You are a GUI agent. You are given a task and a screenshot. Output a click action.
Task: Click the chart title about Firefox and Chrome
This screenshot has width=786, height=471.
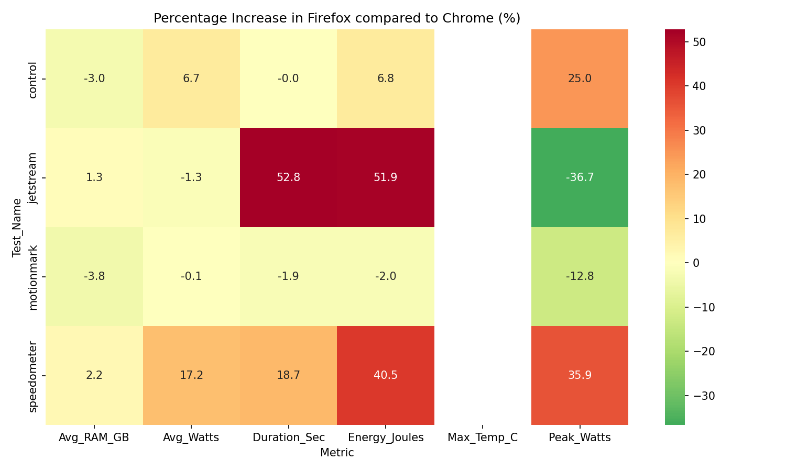click(x=336, y=18)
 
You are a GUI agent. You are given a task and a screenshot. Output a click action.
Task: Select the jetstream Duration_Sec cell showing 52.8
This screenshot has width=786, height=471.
click(x=288, y=177)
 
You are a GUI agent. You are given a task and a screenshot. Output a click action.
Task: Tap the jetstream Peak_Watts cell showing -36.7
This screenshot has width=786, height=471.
click(x=580, y=177)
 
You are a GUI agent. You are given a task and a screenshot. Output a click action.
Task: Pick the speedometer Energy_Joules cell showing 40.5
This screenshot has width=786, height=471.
click(x=385, y=375)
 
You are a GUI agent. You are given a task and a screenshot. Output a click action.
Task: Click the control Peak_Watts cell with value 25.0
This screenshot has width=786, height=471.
click(x=580, y=78)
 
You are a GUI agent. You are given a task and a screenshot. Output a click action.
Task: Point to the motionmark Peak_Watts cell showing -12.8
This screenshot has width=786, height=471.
click(x=580, y=276)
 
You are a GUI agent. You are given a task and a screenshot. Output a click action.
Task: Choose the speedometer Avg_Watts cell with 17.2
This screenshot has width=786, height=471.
click(x=191, y=375)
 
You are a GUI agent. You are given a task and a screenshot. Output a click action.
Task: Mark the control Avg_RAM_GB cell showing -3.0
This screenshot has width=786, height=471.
click(x=94, y=78)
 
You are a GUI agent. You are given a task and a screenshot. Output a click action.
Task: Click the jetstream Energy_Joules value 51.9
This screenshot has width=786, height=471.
click(x=385, y=177)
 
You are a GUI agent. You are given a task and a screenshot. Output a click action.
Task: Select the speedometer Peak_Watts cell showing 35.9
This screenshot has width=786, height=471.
click(x=580, y=375)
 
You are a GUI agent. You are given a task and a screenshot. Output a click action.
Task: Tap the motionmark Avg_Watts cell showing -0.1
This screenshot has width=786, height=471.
click(x=191, y=276)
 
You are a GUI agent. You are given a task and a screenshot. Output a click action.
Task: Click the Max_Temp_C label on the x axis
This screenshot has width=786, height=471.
click(x=483, y=438)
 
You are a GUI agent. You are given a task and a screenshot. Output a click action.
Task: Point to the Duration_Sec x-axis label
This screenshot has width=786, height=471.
click(x=288, y=438)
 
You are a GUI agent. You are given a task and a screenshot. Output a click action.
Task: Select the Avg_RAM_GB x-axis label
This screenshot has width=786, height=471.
click(x=94, y=438)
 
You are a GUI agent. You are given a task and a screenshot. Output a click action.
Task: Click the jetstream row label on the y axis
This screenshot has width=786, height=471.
click(x=33, y=178)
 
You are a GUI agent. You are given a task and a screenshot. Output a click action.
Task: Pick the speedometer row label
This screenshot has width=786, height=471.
click(x=33, y=376)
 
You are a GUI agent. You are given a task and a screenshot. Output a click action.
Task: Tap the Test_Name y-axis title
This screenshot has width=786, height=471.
click(x=17, y=227)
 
